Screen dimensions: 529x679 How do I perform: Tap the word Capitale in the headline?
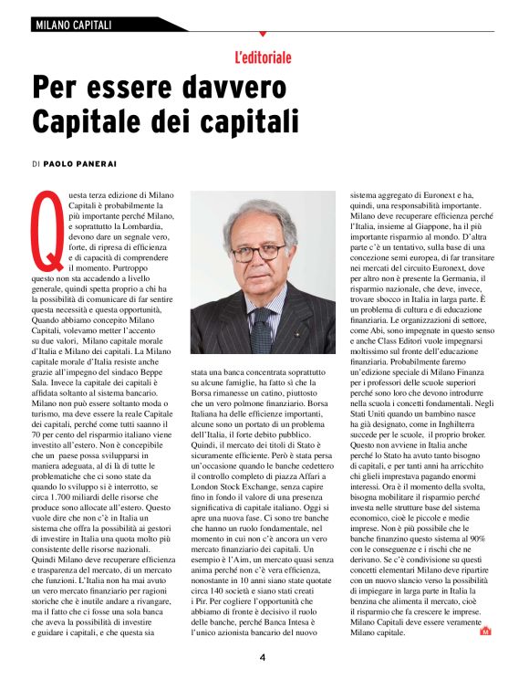tap(91, 120)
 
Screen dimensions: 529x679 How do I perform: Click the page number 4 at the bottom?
tap(263, 655)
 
